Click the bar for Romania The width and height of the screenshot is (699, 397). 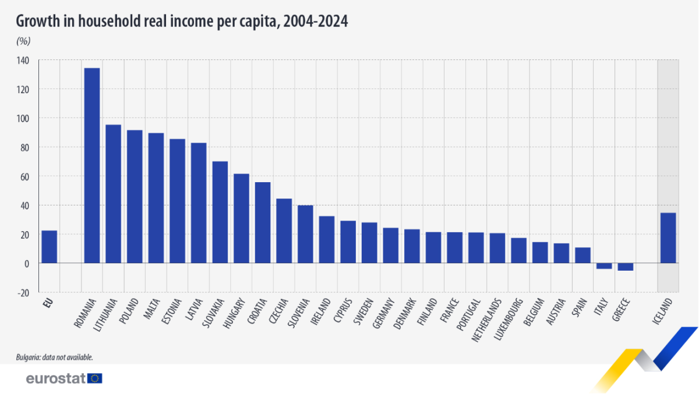pos(92,166)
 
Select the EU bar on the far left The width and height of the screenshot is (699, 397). pos(49,247)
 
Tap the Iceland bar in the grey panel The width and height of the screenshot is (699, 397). pos(668,238)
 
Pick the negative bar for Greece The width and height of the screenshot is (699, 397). pos(625,267)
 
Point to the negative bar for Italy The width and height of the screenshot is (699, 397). pos(604,266)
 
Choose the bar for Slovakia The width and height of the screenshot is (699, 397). pos(220,212)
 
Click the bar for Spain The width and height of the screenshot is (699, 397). pos(582,256)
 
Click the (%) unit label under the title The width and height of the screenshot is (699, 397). pos(23,41)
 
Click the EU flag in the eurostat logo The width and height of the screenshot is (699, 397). pos(95,378)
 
